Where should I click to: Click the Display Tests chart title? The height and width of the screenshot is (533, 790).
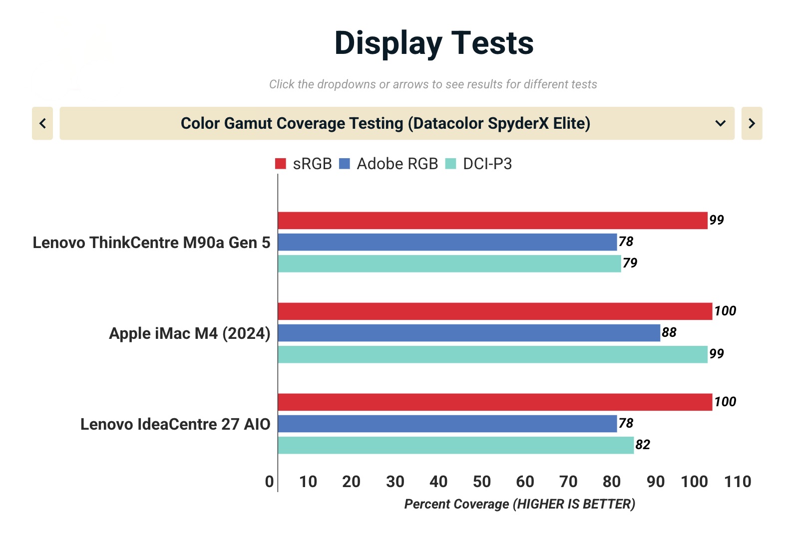[433, 43]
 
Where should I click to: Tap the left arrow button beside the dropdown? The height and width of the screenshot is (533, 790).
[42, 123]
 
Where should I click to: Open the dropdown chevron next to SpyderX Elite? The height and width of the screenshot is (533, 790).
[720, 123]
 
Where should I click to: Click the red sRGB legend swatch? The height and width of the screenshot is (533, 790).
[281, 164]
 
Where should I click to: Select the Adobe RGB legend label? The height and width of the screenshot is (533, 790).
[397, 164]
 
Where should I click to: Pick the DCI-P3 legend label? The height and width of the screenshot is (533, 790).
[487, 164]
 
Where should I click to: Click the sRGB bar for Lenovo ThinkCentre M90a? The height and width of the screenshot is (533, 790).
[492, 221]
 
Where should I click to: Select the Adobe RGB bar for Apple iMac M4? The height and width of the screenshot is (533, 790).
[469, 333]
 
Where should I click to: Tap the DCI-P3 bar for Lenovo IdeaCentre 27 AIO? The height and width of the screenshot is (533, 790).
[455, 445]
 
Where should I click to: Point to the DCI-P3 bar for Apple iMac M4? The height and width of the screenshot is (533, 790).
[492, 354]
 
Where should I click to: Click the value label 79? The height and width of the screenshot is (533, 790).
[630, 263]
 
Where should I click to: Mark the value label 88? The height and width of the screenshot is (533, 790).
[669, 332]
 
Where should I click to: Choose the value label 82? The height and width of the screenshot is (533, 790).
[643, 445]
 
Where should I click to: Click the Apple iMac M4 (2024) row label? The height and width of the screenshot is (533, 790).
[189, 333]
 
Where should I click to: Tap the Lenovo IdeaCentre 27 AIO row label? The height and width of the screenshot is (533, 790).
[175, 424]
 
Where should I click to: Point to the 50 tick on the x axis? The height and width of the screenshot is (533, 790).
[482, 482]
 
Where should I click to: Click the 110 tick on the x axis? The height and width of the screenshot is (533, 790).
[738, 482]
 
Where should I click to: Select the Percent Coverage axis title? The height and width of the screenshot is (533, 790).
[519, 504]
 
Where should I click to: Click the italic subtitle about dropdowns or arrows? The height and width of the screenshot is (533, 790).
[433, 84]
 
